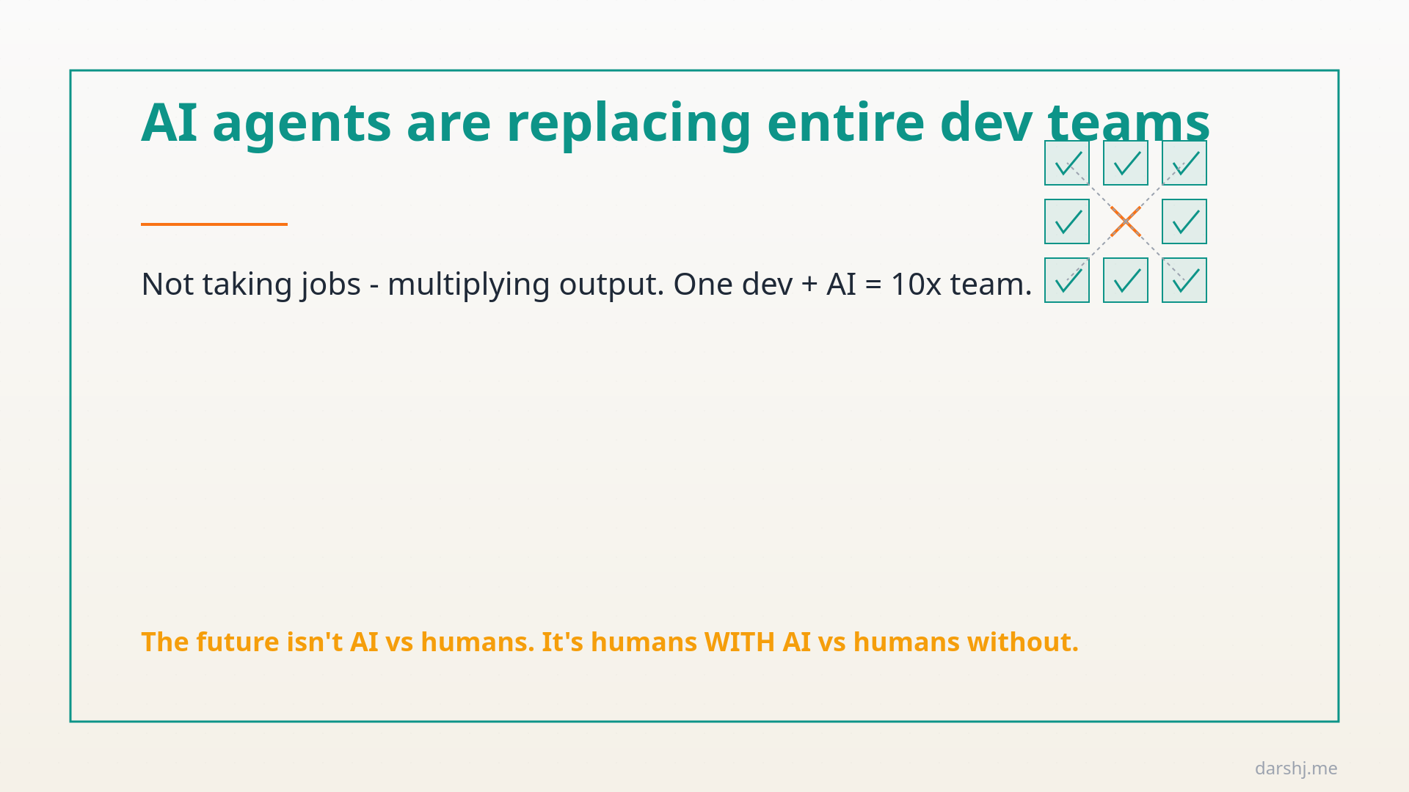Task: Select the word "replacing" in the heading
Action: click(629, 123)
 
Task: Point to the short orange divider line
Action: click(214, 224)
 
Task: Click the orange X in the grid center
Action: click(1126, 221)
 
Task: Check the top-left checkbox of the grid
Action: click(1067, 163)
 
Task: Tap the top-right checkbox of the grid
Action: click(1184, 163)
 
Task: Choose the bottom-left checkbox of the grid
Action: click(1067, 280)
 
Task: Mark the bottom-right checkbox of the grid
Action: click(1184, 280)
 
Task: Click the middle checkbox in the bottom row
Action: click(1126, 280)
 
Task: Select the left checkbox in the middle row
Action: click(1067, 221)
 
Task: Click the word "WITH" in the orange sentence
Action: click(739, 642)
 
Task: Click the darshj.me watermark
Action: click(1296, 769)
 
